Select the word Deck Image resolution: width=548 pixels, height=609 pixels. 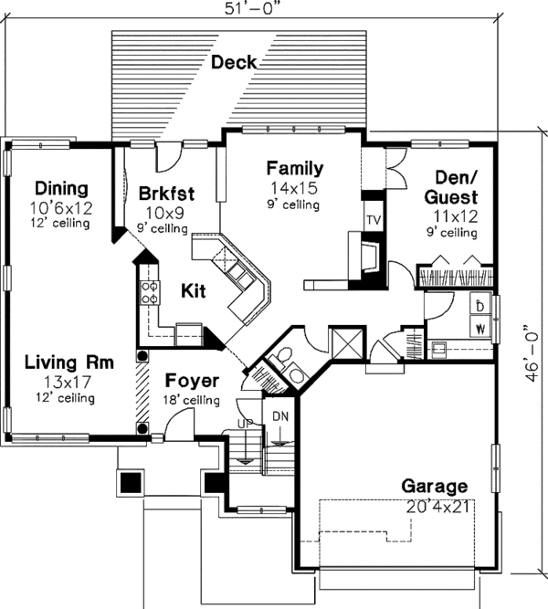[234, 62]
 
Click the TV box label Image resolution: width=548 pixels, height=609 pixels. [373, 221]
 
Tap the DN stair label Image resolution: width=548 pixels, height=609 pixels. [280, 416]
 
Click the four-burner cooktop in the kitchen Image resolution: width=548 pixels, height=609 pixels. [148, 292]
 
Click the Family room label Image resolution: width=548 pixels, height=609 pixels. [294, 168]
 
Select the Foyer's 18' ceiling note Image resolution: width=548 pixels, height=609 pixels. [190, 400]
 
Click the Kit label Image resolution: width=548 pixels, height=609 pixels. [192, 292]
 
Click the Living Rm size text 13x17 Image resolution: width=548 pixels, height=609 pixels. [57, 381]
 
